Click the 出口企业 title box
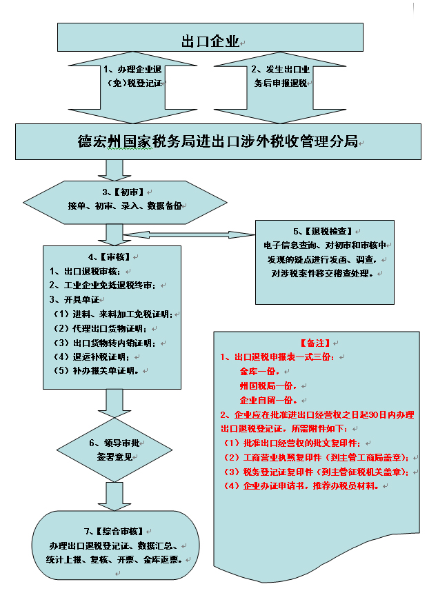(x=210, y=39)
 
